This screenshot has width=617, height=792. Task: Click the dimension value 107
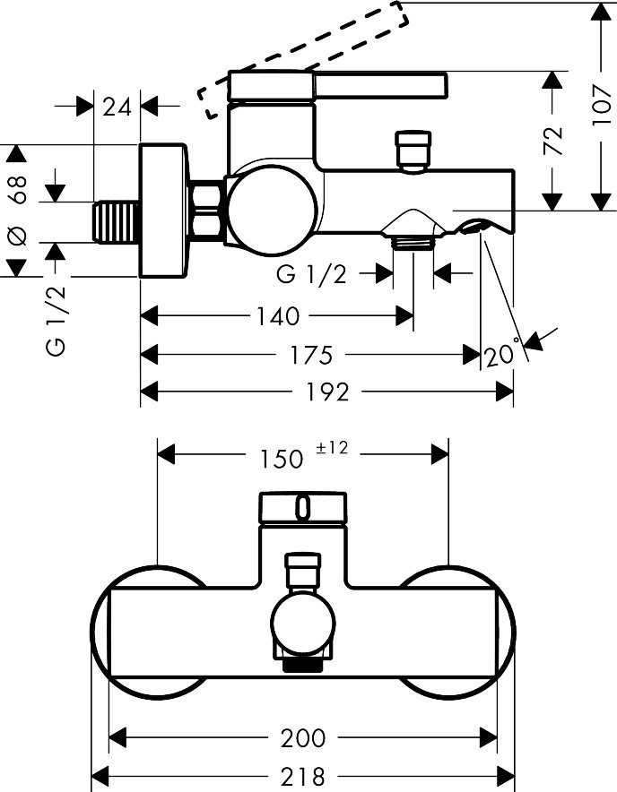(x=602, y=106)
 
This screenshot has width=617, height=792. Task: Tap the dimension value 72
(x=553, y=141)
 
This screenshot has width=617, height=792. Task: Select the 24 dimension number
(x=117, y=107)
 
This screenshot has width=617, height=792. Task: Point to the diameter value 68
(x=18, y=189)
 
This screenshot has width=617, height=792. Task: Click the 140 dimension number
(x=279, y=316)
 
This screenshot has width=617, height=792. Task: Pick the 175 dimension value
(x=311, y=355)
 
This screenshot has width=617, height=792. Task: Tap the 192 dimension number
(x=327, y=392)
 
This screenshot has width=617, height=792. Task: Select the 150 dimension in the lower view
(x=282, y=459)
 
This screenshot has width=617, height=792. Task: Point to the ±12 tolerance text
(x=333, y=448)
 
